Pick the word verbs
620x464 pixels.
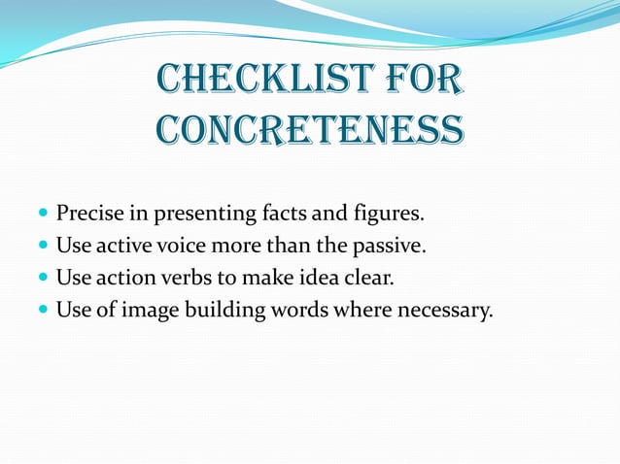[184, 279]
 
